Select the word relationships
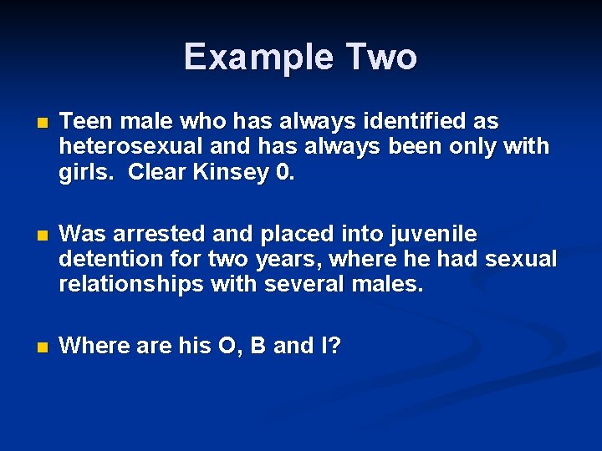pyautogui.click(x=131, y=285)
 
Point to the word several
pyautogui.click(x=301, y=285)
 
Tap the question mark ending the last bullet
pyautogui.click(x=334, y=345)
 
